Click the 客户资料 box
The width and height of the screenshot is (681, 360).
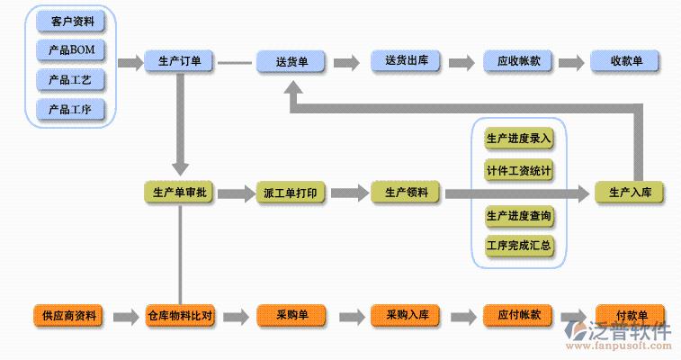71,20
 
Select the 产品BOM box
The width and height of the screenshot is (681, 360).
71,49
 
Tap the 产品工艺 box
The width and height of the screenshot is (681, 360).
71,80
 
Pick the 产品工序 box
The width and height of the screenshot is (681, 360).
71,110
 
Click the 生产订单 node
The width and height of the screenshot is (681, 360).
179,62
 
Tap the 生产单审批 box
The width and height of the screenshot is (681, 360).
179,193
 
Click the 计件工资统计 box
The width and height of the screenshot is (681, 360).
518,169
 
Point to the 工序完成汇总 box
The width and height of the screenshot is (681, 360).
518,245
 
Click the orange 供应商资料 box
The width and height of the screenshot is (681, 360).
67,316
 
